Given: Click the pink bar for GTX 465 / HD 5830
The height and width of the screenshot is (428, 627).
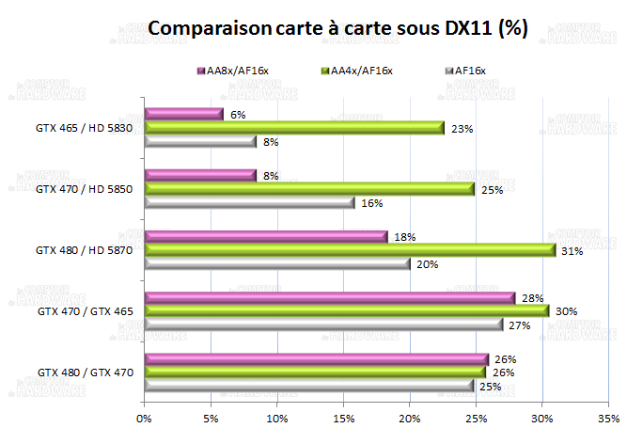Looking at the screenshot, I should coord(183,115).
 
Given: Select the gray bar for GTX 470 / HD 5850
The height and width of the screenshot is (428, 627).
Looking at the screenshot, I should coord(249,202).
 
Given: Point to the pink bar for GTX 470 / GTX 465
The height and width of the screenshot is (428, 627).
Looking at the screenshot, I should coord(329,298).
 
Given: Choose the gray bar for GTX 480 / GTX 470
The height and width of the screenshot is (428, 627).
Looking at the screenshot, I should coord(309,386).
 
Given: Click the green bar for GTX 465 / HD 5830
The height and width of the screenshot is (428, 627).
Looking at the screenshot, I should coord(294,129).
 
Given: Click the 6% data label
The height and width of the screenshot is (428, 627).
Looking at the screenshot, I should coord(238,115).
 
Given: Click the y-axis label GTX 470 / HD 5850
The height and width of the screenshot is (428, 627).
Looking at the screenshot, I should coord(85,189).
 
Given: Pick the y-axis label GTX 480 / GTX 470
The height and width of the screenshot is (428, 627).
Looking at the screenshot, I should coord(85,373).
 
